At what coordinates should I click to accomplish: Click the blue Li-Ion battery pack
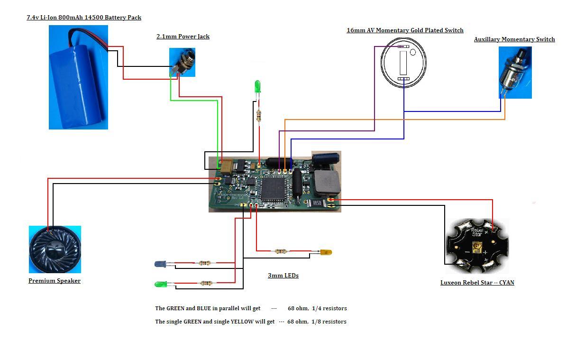(78, 77)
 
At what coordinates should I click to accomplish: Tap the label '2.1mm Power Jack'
(183, 37)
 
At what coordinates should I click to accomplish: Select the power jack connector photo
(183, 62)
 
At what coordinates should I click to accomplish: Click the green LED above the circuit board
(257, 86)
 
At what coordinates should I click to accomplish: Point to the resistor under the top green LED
(258, 115)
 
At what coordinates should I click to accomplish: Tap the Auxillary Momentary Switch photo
(515, 72)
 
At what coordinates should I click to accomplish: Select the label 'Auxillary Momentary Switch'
(514, 39)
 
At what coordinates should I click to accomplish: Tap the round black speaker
(55, 249)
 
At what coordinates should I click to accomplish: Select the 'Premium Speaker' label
(55, 281)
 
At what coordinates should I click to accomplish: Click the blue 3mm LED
(160, 264)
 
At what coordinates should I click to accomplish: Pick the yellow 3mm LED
(326, 252)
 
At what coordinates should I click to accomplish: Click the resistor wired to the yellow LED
(281, 251)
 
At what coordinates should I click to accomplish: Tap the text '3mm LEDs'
(283, 276)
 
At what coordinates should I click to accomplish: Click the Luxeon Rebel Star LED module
(476, 246)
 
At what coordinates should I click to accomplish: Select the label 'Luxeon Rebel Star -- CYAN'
(477, 283)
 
